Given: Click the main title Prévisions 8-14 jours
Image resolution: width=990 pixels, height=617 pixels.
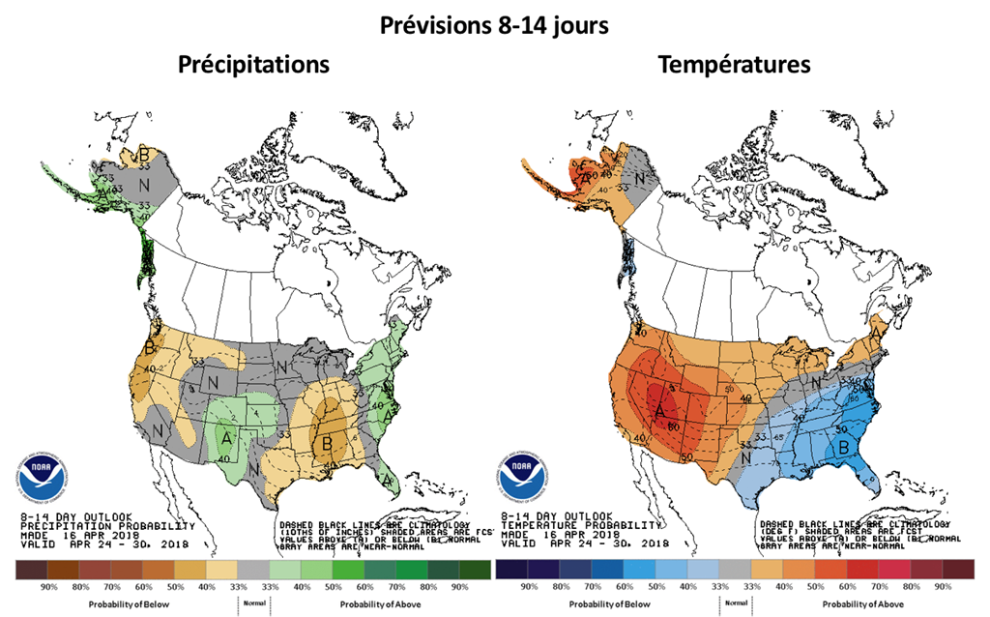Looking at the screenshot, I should click(x=493, y=25).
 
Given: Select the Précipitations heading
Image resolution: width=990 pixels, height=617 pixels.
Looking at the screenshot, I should click(x=253, y=66).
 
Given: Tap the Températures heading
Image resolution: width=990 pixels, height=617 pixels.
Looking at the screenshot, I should click(x=734, y=66).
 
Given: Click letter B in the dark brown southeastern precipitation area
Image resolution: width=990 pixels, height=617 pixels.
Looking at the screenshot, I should click(x=329, y=443).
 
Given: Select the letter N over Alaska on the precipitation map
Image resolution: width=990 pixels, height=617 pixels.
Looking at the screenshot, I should click(x=142, y=181).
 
